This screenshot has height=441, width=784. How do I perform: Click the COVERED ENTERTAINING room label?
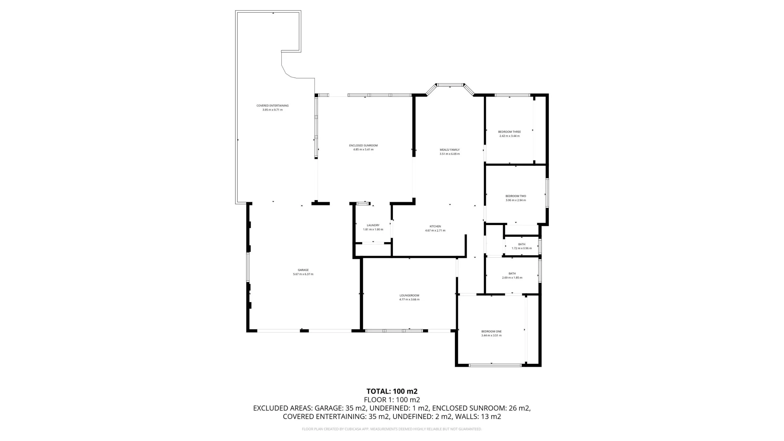coord(272,106)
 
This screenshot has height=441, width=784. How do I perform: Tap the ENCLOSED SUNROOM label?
coord(363,145)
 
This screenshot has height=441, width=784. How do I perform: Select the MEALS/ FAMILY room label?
coord(450,150)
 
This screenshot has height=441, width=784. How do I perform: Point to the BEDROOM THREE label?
coord(509,132)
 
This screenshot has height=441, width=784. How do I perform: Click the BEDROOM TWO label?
coord(516,196)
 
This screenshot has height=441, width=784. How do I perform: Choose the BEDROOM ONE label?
coord(491,332)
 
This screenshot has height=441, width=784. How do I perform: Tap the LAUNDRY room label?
coord(373,225)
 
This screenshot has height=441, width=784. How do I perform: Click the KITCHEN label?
coord(435,227)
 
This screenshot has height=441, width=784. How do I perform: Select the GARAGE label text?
coord(303,270)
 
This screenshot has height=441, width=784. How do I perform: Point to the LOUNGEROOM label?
coord(409,296)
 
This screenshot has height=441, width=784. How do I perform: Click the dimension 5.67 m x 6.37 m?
coord(303,274)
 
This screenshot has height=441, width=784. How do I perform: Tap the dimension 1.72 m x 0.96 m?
coord(521,248)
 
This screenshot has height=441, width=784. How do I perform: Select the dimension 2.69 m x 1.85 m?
coord(512,278)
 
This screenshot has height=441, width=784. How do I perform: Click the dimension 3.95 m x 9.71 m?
coord(272,110)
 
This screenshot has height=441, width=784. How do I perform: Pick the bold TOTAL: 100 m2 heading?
coord(392,391)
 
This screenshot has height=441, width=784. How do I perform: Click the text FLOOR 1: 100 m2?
coord(392,400)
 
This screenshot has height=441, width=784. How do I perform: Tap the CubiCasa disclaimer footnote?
coord(392,429)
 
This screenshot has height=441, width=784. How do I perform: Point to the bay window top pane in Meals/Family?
coord(450,85)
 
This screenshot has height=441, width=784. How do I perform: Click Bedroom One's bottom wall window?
coord(495,365)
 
